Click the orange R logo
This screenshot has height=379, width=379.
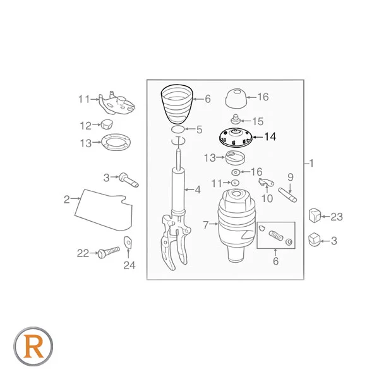33,346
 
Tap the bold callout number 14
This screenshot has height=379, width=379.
270,137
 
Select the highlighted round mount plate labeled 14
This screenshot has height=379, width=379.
236,137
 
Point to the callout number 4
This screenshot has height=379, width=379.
198,189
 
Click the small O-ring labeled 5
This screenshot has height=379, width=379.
178,129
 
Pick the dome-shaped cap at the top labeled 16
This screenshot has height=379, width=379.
236,99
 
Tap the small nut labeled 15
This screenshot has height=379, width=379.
235,120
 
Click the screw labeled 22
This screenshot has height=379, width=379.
109,252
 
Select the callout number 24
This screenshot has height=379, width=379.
129,265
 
